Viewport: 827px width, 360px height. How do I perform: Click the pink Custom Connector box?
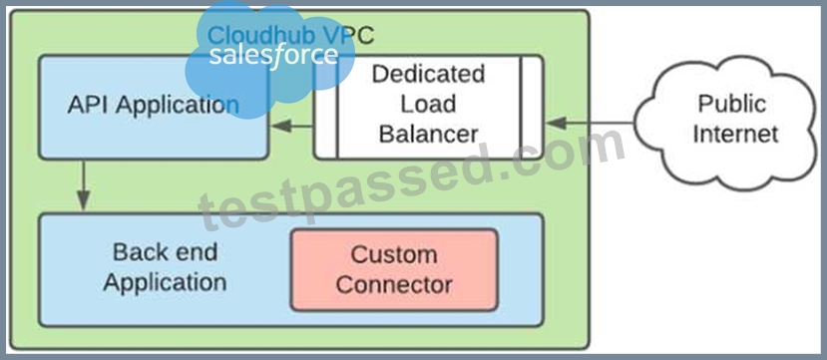394,270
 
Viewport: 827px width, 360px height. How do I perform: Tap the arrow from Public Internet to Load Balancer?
590,123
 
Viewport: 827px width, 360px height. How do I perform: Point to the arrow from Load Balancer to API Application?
292,126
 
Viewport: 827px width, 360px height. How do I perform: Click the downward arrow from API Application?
83,183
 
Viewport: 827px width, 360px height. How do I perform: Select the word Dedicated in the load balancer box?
428,74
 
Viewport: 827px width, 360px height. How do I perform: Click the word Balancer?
428,134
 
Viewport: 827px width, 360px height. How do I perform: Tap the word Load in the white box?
428,104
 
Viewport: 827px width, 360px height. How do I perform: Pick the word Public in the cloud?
732,104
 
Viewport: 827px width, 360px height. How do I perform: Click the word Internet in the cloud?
735,134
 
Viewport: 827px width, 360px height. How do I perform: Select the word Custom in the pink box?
394,255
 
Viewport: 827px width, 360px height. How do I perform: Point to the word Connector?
394,285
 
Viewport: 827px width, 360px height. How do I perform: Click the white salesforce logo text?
273,55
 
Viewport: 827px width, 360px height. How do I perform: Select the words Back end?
165,252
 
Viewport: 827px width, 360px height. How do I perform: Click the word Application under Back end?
165,282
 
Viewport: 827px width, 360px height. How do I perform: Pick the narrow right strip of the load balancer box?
532,107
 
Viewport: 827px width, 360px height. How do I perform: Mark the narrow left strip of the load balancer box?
325,107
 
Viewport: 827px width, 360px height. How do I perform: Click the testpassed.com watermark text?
411,182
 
